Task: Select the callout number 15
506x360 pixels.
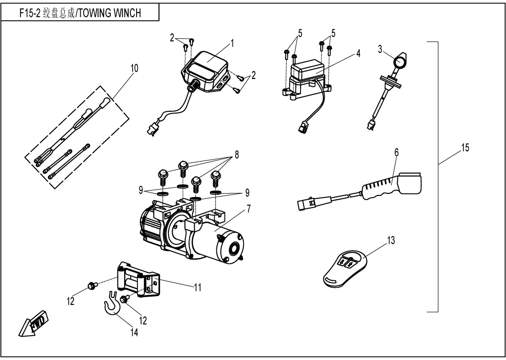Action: tap(464, 148)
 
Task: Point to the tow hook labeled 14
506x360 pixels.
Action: tap(111, 305)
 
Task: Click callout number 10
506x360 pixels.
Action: tap(134, 68)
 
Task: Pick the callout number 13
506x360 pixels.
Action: tap(390, 240)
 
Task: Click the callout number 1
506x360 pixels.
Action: tap(232, 43)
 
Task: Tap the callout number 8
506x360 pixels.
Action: tap(236, 154)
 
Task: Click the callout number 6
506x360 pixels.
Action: tap(396, 153)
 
